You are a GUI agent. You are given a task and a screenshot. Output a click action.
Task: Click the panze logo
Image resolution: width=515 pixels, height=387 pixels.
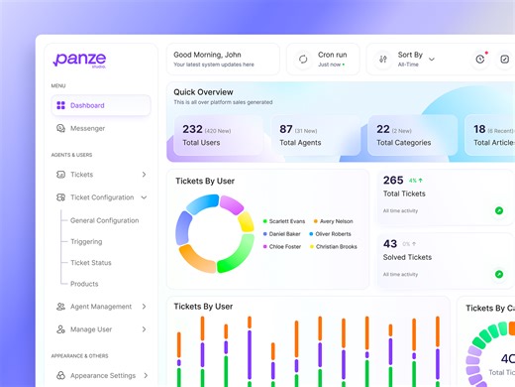(x=79, y=60)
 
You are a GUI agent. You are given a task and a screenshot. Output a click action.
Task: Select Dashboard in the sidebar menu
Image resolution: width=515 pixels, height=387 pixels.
(x=87, y=105)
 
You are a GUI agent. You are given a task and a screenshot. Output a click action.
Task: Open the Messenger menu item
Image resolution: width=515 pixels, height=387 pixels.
(x=87, y=128)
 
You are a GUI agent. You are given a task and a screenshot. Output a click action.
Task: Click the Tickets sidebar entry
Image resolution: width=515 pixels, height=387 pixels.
(x=81, y=175)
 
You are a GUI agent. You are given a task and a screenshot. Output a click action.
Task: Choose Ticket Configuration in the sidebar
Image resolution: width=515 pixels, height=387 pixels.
(x=101, y=197)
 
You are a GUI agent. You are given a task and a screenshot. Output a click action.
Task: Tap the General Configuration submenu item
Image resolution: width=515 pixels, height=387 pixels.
(x=104, y=220)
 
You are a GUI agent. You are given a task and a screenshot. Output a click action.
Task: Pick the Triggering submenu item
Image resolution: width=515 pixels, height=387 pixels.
(x=86, y=241)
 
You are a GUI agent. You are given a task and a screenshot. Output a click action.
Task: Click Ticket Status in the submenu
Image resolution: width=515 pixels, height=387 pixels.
(x=91, y=263)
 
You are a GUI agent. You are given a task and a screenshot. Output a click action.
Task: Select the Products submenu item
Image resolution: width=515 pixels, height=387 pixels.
(x=84, y=284)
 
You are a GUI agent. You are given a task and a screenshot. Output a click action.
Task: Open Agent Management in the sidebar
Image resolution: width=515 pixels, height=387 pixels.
(x=100, y=307)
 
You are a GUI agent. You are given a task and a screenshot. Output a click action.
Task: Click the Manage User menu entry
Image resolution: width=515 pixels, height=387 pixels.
(x=90, y=328)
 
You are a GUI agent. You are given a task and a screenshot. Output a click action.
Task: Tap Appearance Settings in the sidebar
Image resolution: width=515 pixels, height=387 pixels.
(x=103, y=376)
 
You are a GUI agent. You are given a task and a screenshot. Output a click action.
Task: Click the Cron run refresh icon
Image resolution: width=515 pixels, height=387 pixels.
(x=302, y=60)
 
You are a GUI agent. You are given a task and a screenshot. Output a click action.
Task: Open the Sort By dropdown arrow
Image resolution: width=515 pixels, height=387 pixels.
(x=432, y=60)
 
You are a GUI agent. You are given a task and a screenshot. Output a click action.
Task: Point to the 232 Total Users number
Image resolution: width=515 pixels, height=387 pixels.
(x=192, y=129)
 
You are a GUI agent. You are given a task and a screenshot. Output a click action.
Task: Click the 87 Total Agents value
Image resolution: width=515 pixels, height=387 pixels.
(x=286, y=129)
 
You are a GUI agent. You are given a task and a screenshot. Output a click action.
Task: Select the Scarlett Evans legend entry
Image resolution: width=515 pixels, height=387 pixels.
(x=285, y=220)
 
